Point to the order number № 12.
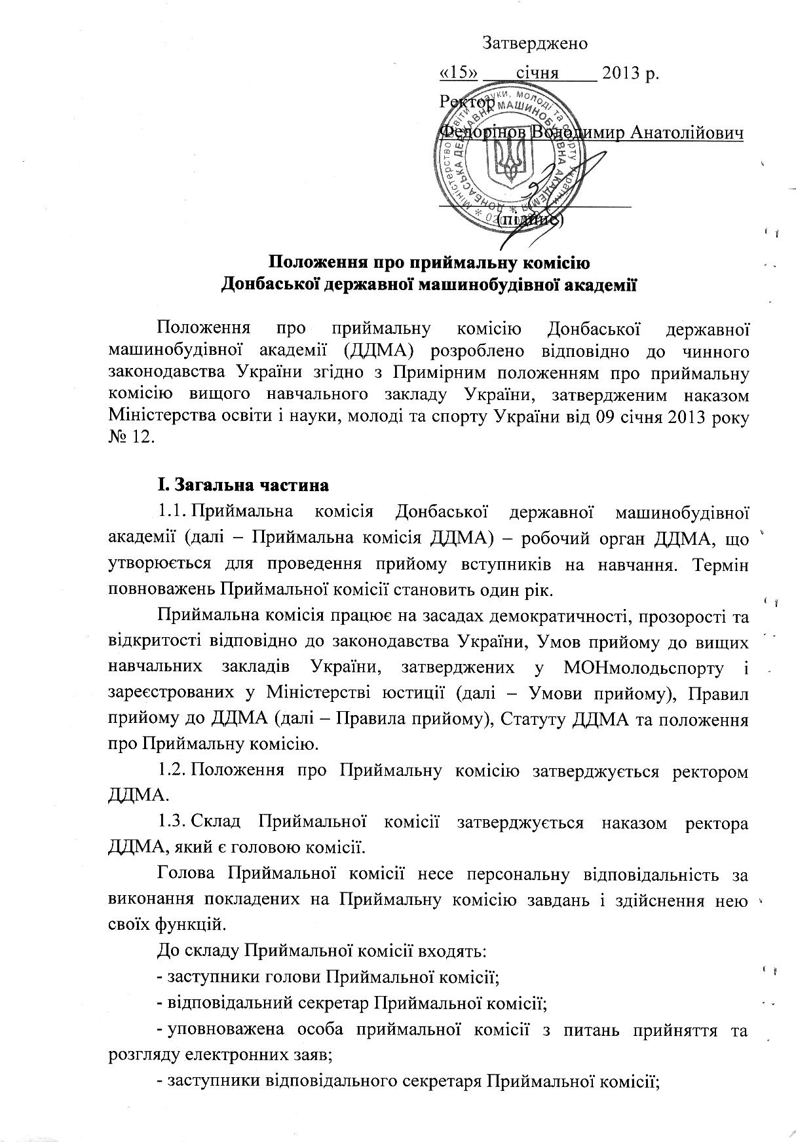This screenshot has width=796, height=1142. coord(131,437)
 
